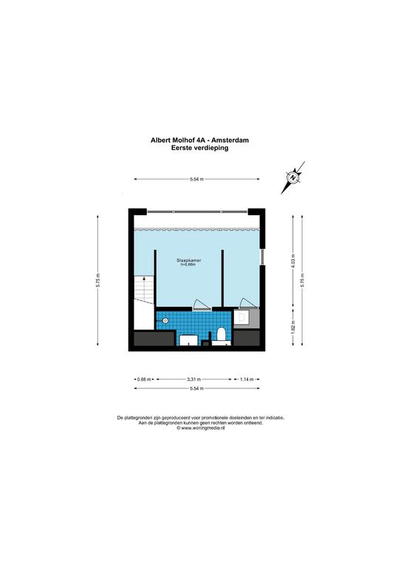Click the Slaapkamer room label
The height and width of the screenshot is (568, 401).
[190, 261]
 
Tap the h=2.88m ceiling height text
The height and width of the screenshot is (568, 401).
[190, 266]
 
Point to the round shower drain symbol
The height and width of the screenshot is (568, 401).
[165, 321]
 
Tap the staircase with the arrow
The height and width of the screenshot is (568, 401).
[143, 292]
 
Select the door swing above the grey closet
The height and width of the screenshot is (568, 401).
[247, 302]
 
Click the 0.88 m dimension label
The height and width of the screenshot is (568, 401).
[143, 380]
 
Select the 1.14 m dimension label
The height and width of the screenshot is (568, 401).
[247, 380]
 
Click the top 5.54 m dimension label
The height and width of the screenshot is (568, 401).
[196, 179]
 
